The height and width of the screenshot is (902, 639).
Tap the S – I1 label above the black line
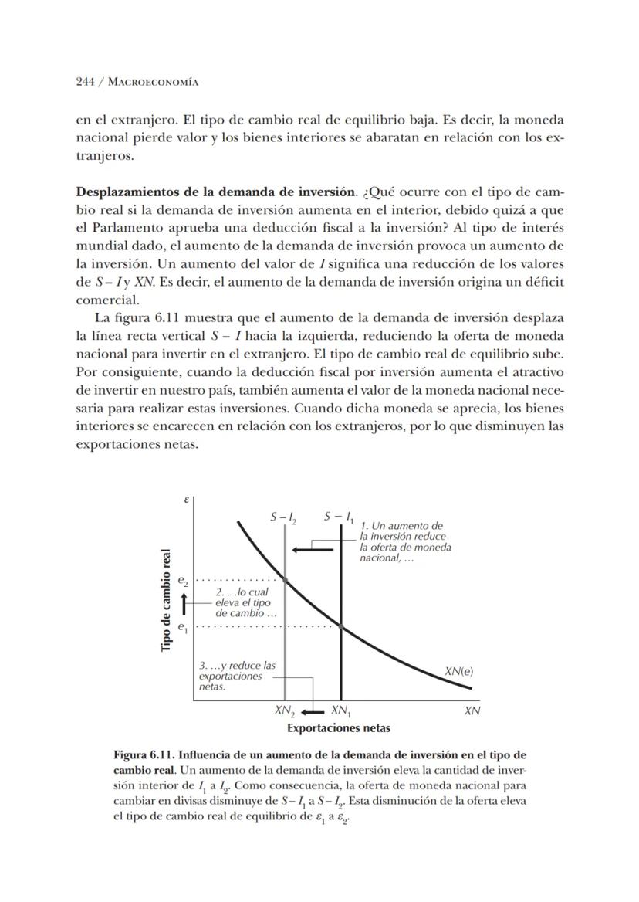point(339,516)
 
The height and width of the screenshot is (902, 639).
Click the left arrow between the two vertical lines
point(312,550)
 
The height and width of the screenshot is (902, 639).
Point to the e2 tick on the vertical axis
point(183,579)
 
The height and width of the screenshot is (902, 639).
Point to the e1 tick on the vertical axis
point(183,627)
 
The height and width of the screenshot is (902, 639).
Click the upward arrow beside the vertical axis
point(184,604)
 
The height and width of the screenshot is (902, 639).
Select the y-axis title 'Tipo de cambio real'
point(166,599)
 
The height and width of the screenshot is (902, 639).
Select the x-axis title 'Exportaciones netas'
point(338,727)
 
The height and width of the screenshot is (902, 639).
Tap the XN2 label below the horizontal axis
point(285,710)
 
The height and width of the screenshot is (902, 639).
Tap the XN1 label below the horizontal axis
point(340,710)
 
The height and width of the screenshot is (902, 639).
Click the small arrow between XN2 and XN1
point(312,710)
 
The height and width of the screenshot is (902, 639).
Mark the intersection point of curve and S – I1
point(340,626)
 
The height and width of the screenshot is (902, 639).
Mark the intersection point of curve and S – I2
point(285,579)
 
